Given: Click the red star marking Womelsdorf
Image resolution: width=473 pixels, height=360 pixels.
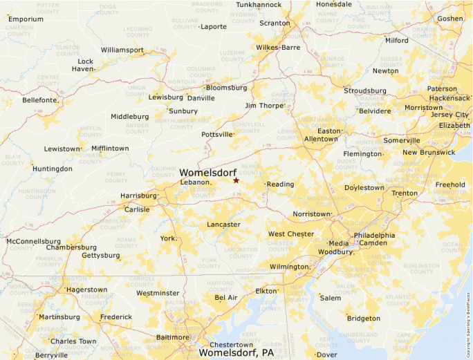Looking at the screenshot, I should coord(236,180).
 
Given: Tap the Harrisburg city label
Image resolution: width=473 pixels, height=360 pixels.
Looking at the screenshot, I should coord(138,196).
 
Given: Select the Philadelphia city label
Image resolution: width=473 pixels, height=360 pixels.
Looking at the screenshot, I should coord(374,235).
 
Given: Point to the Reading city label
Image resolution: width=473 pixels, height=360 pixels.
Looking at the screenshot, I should coord(281,184).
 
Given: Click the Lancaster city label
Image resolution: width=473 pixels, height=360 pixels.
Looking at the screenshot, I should coord(223,225).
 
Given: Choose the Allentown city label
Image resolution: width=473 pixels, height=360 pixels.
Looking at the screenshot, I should coord(321,139).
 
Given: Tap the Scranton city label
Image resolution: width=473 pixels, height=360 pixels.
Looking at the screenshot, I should coord(275,23).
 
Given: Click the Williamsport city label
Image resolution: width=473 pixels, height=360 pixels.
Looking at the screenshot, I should coord(122,50).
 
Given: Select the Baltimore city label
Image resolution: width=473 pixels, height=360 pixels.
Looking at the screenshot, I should coord(173,337).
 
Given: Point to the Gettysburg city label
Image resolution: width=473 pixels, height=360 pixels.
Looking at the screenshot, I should coord(101,256).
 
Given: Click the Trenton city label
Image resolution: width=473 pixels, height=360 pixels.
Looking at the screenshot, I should coord(405,193).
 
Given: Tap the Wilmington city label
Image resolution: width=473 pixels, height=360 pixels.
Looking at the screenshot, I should coord(289,267).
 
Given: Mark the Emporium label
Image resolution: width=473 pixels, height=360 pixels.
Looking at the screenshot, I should coord(26,19).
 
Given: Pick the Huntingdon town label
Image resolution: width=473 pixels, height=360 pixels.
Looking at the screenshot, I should coord(53,169).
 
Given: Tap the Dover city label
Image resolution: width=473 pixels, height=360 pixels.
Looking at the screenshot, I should coord(327,354).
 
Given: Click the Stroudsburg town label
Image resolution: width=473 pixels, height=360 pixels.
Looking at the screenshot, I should coord(365,91).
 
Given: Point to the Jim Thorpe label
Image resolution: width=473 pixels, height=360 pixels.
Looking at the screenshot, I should coord(264,106).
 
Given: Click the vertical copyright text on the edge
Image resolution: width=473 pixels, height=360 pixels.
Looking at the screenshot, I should coord(468,310).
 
